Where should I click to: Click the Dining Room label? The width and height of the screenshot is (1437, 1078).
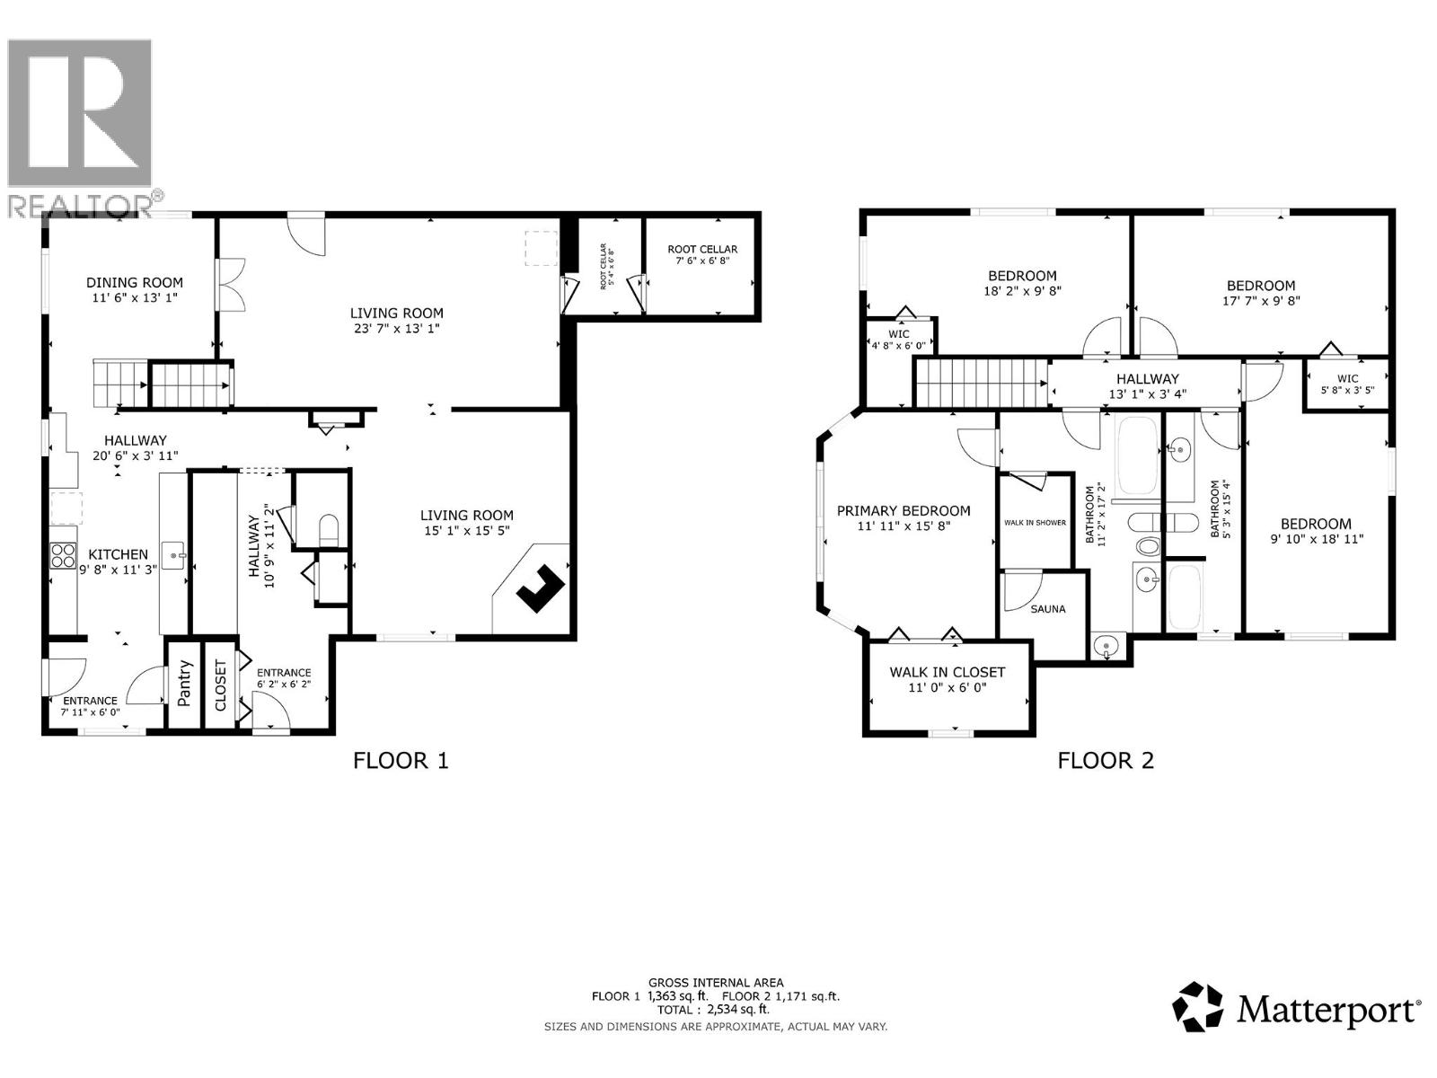135,282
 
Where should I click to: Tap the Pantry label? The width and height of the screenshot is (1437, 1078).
185,683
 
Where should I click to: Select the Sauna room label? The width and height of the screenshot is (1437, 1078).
1047,609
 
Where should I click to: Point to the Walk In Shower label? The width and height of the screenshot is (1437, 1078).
1035,523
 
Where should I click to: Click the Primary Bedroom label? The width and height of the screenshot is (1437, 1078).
904,510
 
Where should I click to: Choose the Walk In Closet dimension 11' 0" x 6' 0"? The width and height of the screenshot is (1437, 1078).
947,688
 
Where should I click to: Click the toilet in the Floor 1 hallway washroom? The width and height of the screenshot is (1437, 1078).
329,528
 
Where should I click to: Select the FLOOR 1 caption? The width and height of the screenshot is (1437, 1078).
401,761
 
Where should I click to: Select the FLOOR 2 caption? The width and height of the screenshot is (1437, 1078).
1106,761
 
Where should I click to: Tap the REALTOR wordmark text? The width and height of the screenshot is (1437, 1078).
81,205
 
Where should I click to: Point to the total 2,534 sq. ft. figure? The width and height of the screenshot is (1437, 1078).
715,1010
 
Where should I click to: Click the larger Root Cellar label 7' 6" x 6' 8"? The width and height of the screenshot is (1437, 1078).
702,250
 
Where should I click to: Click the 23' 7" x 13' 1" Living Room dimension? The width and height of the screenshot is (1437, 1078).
397,329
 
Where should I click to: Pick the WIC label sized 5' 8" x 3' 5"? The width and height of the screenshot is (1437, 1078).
1347,379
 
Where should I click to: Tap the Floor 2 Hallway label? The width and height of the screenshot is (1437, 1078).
1147,379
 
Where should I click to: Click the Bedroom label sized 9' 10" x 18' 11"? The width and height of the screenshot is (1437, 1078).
1316,524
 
